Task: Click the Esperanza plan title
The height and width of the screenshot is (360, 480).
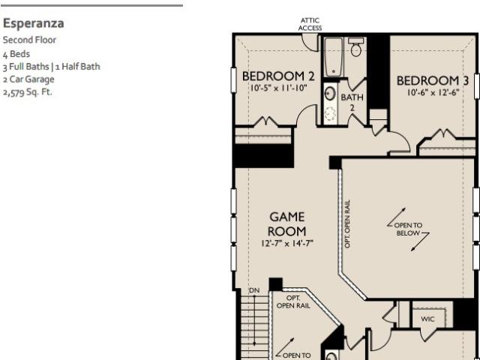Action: click(33, 23)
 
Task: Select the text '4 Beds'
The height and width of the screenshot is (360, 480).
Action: click(16, 54)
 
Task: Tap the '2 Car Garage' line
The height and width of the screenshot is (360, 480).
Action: click(28, 79)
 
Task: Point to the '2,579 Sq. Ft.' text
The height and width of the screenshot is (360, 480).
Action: click(27, 92)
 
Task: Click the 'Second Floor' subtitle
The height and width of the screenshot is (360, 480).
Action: click(29, 40)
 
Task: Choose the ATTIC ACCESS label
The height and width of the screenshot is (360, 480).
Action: click(310, 24)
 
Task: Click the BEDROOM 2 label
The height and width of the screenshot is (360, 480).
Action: click(278, 76)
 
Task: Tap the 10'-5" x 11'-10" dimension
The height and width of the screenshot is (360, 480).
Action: click(278, 88)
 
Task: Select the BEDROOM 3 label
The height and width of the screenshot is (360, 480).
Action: click(433, 81)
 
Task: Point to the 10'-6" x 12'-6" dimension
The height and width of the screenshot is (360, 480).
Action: click(433, 92)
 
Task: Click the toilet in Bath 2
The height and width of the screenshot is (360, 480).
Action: click(356, 47)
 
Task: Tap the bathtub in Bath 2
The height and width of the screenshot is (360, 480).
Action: click(333, 57)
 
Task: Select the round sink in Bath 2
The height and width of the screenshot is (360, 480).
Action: click(330, 93)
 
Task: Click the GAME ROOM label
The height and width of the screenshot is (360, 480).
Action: click(286, 224)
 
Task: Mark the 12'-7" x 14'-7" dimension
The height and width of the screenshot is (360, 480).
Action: click(287, 243)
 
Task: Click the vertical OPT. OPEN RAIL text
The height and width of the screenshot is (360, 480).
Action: click(347, 224)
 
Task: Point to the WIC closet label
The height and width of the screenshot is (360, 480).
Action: click(427, 319)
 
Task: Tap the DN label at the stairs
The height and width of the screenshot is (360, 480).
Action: click(254, 290)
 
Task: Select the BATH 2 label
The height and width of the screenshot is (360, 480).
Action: click(352, 102)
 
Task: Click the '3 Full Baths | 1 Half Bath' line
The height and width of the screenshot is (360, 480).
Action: click(52, 67)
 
